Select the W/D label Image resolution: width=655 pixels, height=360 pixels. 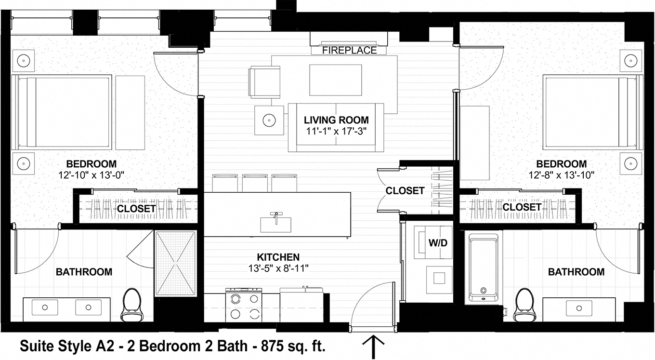pos(438,243)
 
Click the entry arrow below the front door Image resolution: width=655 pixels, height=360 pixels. pos(373,347)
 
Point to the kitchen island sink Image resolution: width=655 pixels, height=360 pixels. pos(275,224)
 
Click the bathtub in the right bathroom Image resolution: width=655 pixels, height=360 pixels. pos(483,267)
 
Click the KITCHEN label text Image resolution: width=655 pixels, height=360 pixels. pos(278,257)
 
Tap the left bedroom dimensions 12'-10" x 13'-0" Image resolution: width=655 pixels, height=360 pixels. pos(91,175)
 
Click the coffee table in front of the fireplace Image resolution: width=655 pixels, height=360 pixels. pos(336,80)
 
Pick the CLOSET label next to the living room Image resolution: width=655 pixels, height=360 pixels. pos(405,191)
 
